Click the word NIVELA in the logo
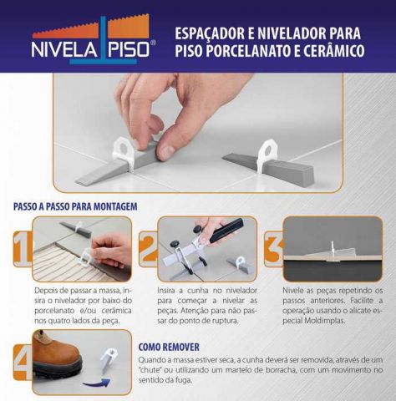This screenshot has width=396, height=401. point(62,48)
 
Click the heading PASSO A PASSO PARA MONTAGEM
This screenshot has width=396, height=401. point(75,206)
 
